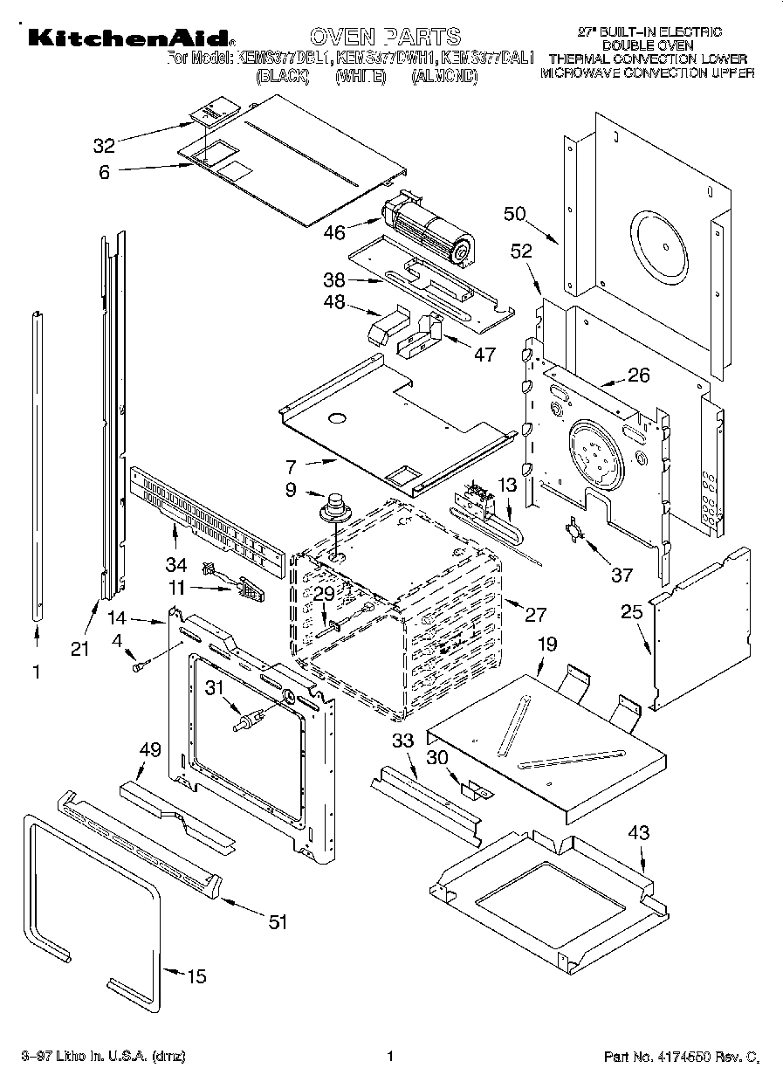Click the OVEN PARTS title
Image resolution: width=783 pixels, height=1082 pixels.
click(x=385, y=37)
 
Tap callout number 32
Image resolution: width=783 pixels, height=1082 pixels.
click(x=104, y=145)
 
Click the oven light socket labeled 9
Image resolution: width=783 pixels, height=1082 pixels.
click(x=333, y=508)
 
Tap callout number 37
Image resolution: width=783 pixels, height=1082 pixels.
click(x=622, y=574)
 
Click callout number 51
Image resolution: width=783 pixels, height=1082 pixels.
click(x=277, y=920)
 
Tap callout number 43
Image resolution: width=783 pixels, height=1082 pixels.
click(x=639, y=833)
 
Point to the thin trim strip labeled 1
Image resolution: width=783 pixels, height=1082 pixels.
click(x=37, y=463)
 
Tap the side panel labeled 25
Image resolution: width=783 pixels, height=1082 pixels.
click(x=703, y=629)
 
